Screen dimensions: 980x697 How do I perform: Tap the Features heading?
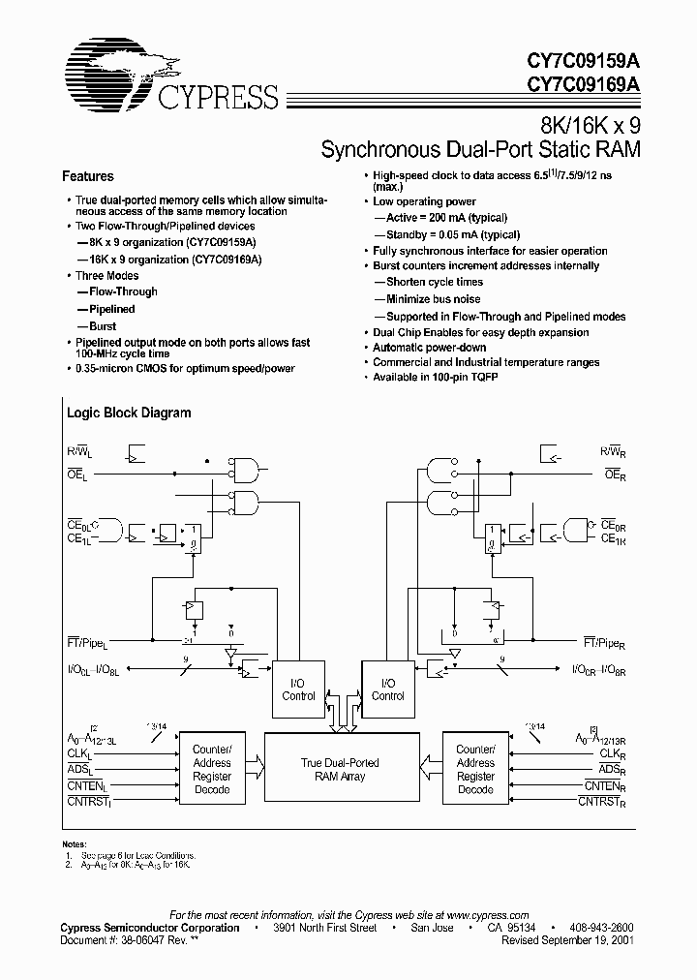pos(88,176)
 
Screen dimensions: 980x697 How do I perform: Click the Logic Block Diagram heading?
pos(129,413)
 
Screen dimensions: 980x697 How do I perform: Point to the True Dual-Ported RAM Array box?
pos(340,769)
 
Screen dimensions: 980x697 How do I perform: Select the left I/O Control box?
pos(299,689)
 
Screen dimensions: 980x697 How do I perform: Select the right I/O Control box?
pos(387,689)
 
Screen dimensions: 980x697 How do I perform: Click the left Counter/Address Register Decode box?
pos(212,769)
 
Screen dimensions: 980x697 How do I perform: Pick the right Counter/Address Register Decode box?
pos(475,769)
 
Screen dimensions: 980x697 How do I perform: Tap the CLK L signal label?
pos(78,753)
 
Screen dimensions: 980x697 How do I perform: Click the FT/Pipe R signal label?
pos(609,643)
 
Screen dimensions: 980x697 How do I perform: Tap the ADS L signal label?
pos(78,769)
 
